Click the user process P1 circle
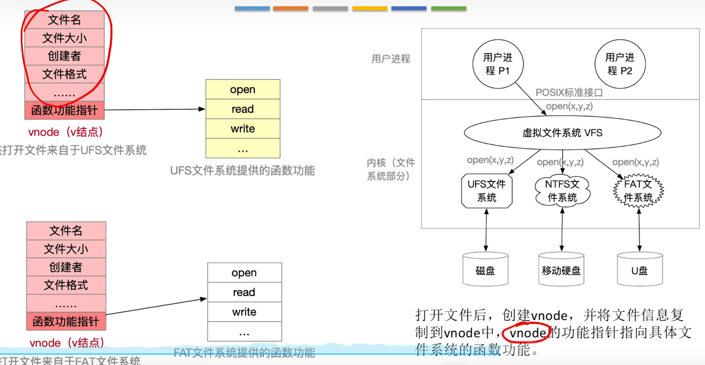[498, 64]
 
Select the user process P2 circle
[620, 64]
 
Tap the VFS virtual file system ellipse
[562, 133]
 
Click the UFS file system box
[487, 191]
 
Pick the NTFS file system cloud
[562, 191]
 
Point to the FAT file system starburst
[638, 191]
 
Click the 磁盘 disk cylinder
[485, 270]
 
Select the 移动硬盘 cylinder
[561, 270]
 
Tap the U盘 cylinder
[639, 270]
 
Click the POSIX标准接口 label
[569, 93]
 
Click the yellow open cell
[243, 89]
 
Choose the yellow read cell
[243, 109]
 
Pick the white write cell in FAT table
[244, 312]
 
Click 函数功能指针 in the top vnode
[64, 110]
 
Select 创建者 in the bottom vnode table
[66, 267]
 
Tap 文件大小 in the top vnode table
[64, 38]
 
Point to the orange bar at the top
[290, 8]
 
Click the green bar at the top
[449, 8]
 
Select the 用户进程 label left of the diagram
[391, 59]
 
